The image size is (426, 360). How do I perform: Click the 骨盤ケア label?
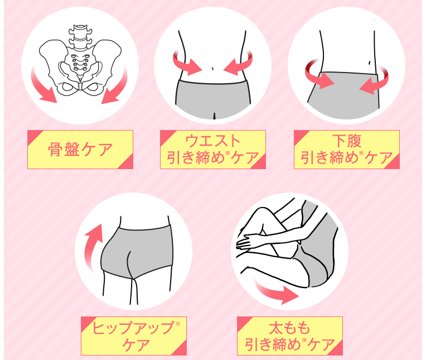(80, 150)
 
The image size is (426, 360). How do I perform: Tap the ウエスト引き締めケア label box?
(213, 150)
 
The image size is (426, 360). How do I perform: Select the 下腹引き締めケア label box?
(347, 150)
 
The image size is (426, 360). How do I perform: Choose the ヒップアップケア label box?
(134, 336)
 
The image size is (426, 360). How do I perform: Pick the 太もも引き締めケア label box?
(290, 336)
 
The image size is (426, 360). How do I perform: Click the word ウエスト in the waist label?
(213, 141)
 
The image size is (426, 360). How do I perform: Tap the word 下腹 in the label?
(347, 141)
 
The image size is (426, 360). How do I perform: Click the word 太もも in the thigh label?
(289, 328)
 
